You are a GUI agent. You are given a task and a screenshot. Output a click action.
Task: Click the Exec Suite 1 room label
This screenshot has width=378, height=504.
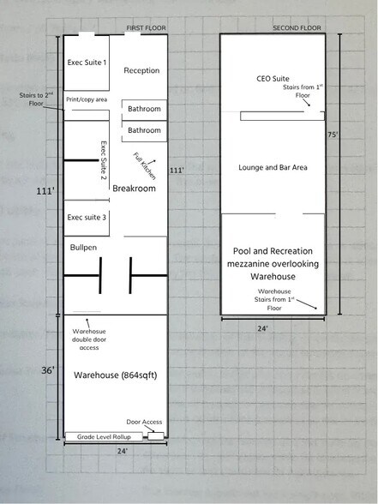[x=87, y=63]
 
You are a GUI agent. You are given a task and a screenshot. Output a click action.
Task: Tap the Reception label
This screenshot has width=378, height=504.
[x=141, y=70]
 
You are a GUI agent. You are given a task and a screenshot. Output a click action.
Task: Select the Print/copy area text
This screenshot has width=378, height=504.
[x=87, y=99]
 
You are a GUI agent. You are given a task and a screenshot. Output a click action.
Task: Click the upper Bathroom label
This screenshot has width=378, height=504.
[x=144, y=109]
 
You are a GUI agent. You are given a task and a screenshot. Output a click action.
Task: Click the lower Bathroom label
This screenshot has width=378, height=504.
[x=144, y=130]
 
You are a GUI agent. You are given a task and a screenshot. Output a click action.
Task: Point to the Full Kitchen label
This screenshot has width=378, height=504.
[x=145, y=166]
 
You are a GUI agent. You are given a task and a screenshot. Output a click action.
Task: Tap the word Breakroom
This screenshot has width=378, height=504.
[x=134, y=189]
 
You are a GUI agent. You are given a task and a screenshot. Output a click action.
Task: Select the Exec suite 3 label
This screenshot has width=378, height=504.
[x=87, y=218]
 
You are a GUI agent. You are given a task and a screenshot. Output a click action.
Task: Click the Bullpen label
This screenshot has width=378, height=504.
[x=83, y=248]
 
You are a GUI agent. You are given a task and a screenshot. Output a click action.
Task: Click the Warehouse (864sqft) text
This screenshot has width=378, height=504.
[x=116, y=375]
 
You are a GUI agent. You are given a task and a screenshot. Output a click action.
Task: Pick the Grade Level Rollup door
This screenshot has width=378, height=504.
[x=104, y=437]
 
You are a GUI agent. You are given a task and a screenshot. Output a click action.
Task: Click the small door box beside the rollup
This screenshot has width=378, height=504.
[x=156, y=436]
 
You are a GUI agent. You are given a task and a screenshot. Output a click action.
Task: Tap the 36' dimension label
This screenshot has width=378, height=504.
[x=48, y=370]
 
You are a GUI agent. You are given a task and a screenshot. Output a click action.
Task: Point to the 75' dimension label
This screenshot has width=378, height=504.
[x=333, y=135]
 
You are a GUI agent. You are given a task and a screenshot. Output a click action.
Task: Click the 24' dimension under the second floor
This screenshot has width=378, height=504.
[x=262, y=328]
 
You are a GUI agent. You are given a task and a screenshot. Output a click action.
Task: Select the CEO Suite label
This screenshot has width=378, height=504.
[x=273, y=79]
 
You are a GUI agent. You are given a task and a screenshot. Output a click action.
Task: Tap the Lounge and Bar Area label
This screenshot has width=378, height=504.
[x=273, y=167]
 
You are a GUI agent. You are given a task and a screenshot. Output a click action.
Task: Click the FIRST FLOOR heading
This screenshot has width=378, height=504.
[x=146, y=28]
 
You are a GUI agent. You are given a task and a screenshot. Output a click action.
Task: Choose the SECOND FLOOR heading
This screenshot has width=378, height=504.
[x=297, y=28]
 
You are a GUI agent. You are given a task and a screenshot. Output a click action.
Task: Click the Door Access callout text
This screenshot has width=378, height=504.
[x=144, y=422]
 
